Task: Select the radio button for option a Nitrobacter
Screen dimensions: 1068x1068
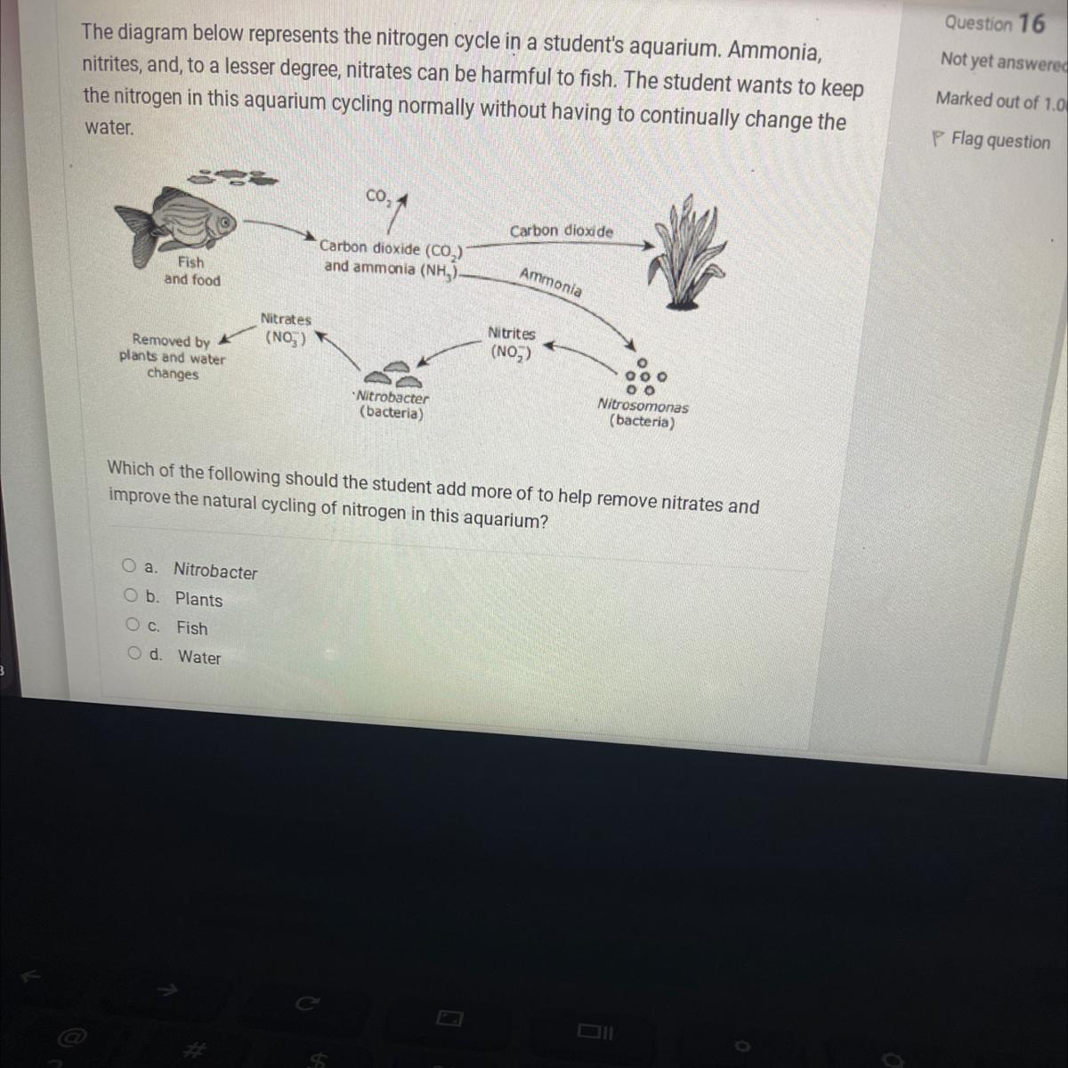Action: click(129, 565)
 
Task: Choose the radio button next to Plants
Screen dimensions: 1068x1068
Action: click(131, 595)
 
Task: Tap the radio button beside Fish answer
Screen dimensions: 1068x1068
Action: click(133, 624)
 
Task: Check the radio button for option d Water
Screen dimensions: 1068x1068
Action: click(134, 653)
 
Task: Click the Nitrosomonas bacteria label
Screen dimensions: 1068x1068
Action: click(643, 414)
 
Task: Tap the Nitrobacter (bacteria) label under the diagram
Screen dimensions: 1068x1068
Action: click(392, 405)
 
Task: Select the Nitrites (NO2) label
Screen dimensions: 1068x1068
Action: click(512, 344)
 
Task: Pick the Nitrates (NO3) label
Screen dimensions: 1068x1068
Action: click(286, 329)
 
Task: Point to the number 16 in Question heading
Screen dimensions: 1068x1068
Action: click(1032, 24)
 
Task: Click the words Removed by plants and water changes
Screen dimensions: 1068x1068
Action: click(173, 357)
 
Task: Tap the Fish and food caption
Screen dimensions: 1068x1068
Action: click(191, 271)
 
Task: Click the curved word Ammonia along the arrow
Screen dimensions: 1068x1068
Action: click(550, 282)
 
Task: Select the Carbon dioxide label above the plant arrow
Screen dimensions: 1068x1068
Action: click(562, 231)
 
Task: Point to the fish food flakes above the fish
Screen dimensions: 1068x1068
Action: click(233, 177)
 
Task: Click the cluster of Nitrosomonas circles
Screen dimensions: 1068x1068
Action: click(644, 376)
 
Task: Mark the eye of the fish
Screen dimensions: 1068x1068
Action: click(224, 222)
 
